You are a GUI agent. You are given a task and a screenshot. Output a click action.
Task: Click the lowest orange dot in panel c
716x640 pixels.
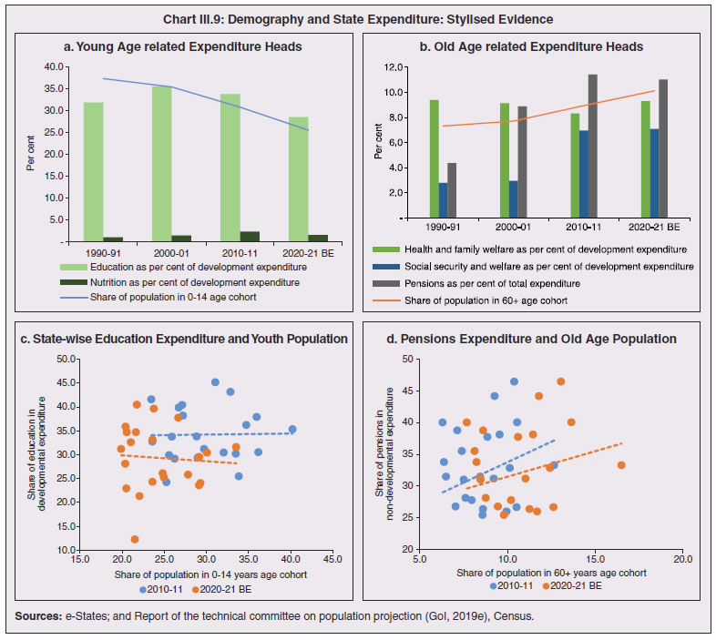click(135, 540)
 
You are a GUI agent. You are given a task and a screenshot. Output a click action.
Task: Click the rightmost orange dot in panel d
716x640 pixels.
click(621, 465)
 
